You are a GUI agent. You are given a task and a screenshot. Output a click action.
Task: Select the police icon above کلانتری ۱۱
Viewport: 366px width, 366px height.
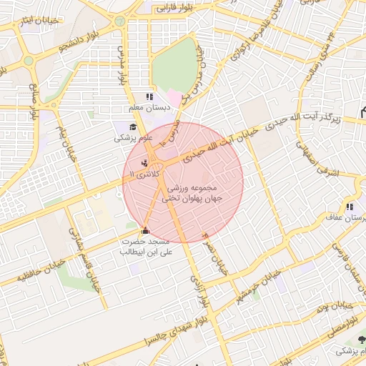tap(145, 163)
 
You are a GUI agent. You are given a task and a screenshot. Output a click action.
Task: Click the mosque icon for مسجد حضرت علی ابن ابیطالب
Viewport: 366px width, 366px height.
tap(146, 230)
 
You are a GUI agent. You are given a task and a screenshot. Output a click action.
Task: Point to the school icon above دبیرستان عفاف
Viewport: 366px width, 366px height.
tap(350, 207)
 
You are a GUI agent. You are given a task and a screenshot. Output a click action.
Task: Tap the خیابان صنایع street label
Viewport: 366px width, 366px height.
tap(33, 101)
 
